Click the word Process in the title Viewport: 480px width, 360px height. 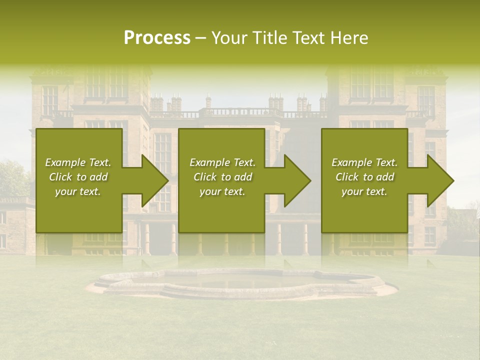click(x=157, y=38)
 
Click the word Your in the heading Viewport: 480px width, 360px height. click(x=230, y=38)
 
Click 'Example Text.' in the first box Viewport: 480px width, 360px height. click(x=78, y=162)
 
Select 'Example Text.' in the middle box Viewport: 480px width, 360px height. click(x=222, y=162)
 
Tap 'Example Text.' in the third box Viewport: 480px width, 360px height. click(x=364, y=162)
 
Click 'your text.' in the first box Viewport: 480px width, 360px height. click(x=78, y=191)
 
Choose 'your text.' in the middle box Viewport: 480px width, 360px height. click(x=222, y=191)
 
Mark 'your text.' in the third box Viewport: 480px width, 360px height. click(x=364, y=191)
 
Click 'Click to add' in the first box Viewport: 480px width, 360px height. click(x=78, y=177)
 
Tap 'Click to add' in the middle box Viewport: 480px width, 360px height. click(x=222, y=177)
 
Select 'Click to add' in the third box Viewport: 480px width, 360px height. click(x=364, y=177)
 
